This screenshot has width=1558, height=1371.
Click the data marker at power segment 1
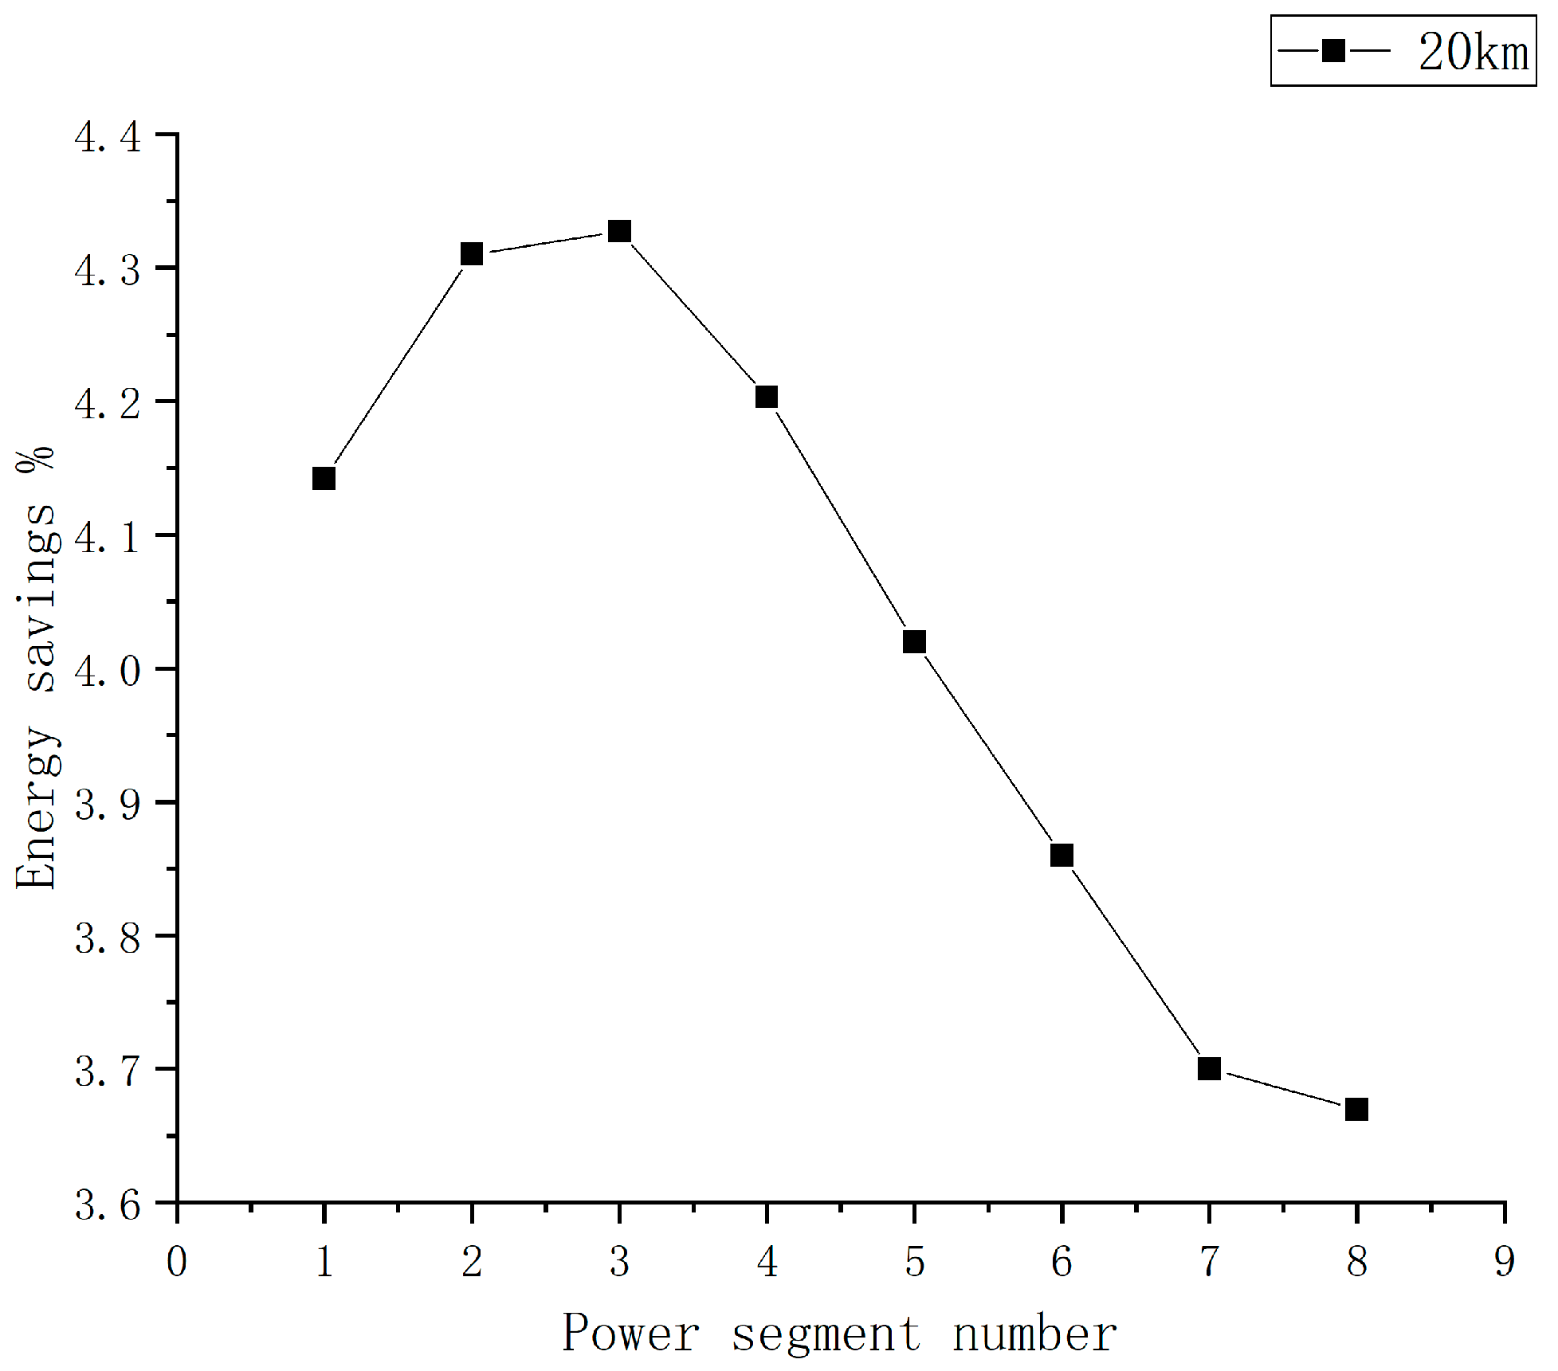click(324, 479)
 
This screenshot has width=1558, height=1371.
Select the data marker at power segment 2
click(472, 254)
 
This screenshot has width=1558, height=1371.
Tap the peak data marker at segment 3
click(619, 232)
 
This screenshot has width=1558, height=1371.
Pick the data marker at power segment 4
click(767, 397)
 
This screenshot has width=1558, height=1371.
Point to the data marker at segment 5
click(914, 642)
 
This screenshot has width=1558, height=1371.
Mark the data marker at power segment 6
click(1062, 856)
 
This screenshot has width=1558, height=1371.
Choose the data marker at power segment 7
click(1209, 1068)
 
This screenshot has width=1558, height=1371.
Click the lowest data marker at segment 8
click(1356, 1109)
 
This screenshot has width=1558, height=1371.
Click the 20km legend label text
click(1474, 53)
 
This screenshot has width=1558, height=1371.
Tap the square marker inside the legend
click(1333, 51)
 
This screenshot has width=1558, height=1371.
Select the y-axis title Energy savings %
click(36, 668)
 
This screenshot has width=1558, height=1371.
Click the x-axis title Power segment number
click(840, 1334)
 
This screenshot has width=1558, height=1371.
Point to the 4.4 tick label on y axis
click(108, 137)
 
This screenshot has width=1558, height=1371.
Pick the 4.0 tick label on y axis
click(108, 671)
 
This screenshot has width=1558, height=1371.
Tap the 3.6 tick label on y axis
click(108, 1205)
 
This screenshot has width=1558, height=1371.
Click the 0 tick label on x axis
click(177, 1262)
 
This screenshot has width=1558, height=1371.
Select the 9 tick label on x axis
click(1504, 1262)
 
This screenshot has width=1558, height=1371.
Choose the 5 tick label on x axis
click(914, 1262)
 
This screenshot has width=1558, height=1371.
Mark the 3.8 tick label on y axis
click(108, 938)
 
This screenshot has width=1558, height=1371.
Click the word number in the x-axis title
click(1034, 1334)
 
